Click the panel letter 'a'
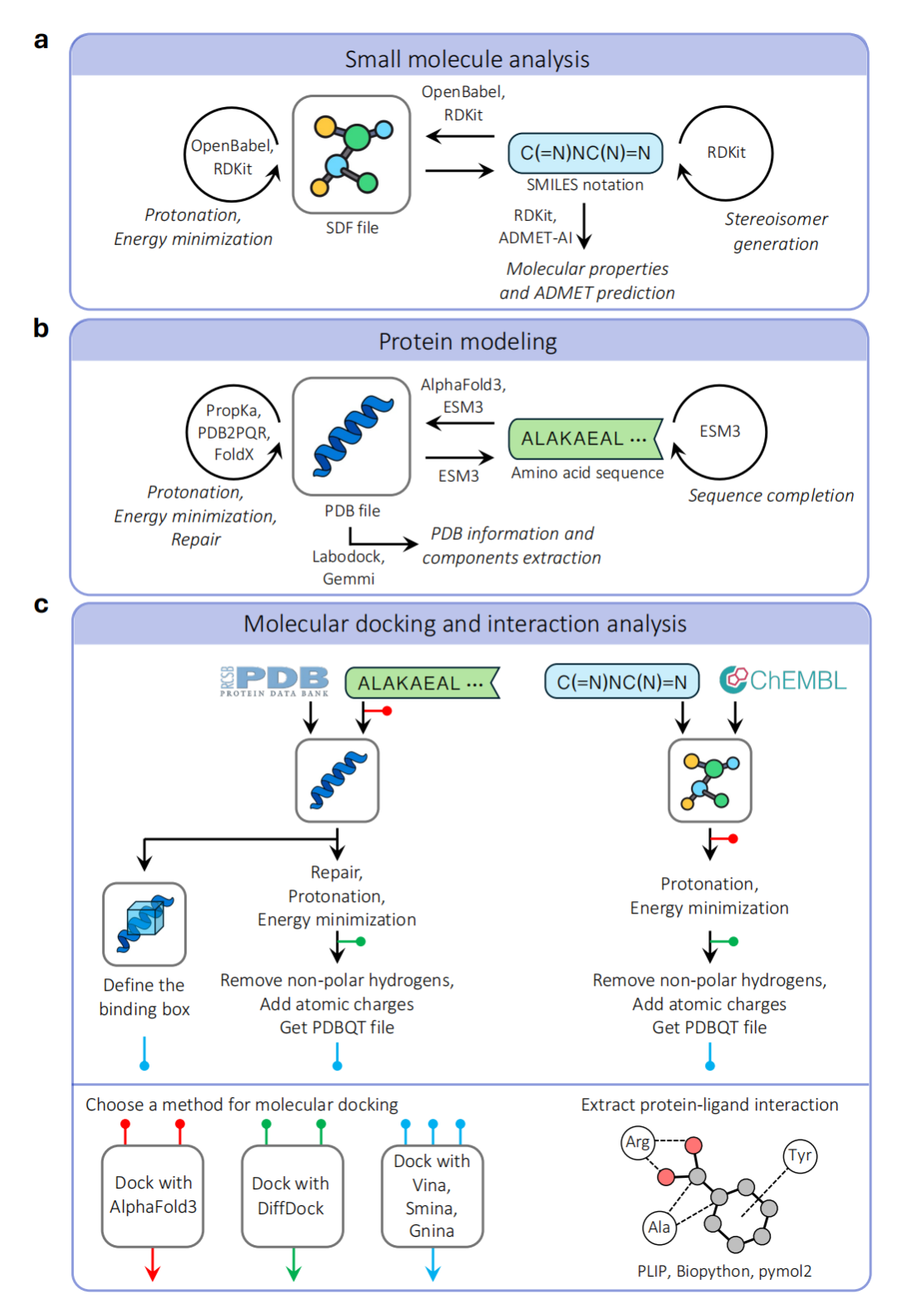coord(41,40)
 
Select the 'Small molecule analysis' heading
coord(467,59)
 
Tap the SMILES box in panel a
coord(586,153)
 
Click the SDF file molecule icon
coord(351,154)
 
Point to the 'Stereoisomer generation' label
coord(776,231)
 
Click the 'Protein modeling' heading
coord(468,341)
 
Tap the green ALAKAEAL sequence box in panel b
coord(585,439)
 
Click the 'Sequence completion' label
coord(771,496)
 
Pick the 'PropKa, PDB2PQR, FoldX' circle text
coord(233,432)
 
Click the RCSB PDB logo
coord(274,681)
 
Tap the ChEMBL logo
coord(783,680)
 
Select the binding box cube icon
coord(145,924)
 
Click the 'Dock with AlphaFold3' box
coord(153,1195)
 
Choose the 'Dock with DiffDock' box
coord(292,1196)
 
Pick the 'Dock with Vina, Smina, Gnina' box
coord(432,1196)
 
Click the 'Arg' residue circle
coord(637,1142)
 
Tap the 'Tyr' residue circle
coord(800,1155)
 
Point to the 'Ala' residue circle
coord(659,1227)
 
